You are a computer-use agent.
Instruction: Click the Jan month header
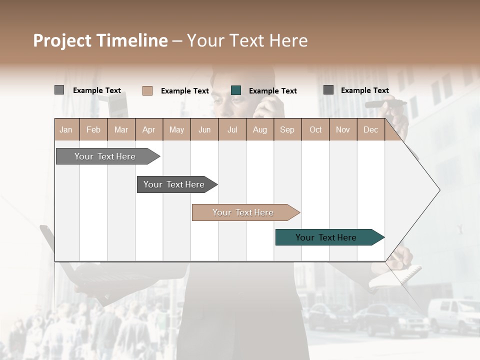(66, 129)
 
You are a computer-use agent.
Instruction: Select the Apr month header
(149, 129)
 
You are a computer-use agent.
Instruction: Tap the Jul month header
(232, 129)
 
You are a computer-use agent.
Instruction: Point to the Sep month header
(287, 129)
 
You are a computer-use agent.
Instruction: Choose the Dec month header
(370, 129)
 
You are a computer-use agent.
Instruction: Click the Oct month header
(315, 129)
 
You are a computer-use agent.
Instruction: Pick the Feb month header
(93, 129)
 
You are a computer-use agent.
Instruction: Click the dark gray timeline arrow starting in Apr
(175, 184)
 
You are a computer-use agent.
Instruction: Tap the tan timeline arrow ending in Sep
(244, 212)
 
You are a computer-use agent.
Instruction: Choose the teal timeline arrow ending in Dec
(327, 237)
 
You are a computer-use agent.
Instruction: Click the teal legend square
(236, 90)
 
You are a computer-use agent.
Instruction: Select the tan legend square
(147, 90)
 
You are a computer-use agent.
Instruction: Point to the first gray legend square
(59, 90)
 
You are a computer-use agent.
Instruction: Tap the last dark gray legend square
(328, 90)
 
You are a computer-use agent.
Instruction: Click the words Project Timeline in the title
(100, 40)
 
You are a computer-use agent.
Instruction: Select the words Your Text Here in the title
(247, 40)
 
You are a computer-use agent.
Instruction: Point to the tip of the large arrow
(439, 190)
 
